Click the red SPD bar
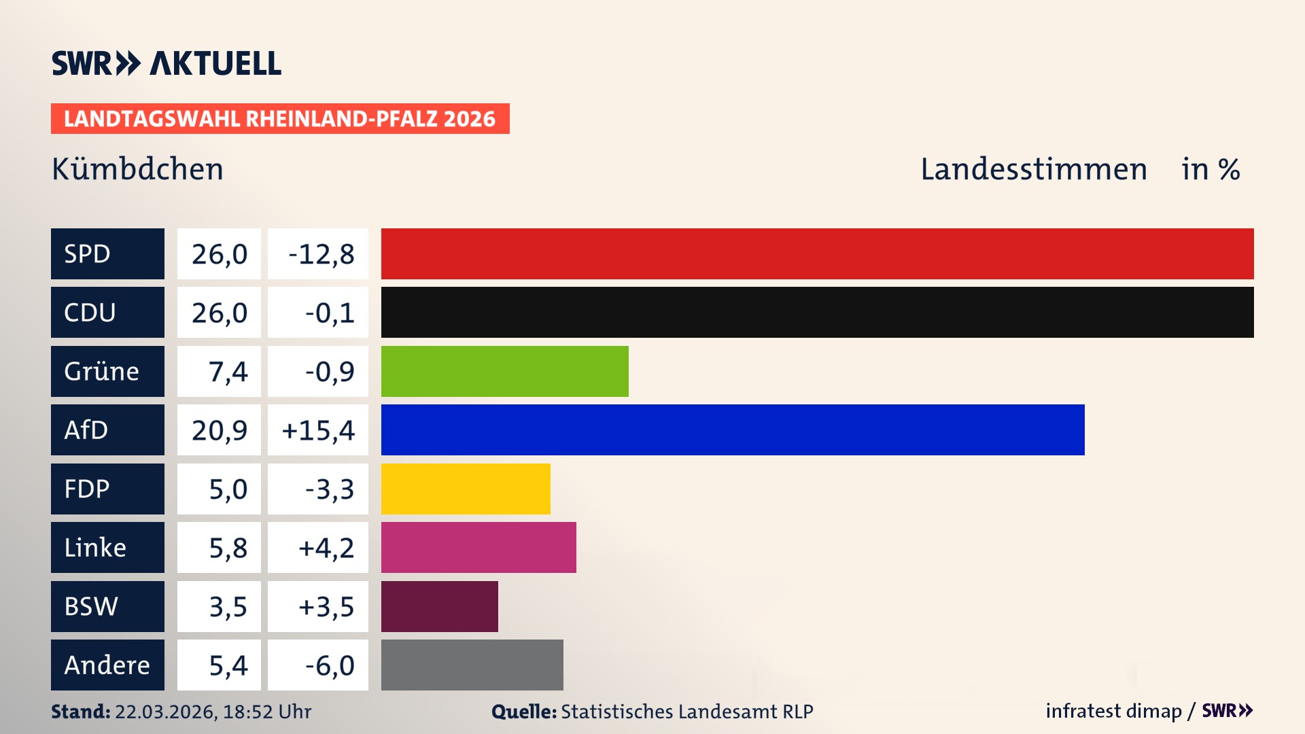(817, 254)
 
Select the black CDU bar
(817, 313)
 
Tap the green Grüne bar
(504, 371)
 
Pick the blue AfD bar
(733, 430)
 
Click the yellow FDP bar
(466, 489)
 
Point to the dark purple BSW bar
(439, 606)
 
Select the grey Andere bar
(472, 665)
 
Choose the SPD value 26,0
(219, 254)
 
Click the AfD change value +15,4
(317, 430)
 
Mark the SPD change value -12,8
(321, 254)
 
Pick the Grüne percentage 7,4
(228, 372)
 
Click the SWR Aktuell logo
(167, 63)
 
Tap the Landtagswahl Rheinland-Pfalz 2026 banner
(279, 119)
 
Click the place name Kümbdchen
(137, 169)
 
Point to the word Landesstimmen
(1033, 169)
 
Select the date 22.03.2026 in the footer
(165, 712)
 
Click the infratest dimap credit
(1113, 711)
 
